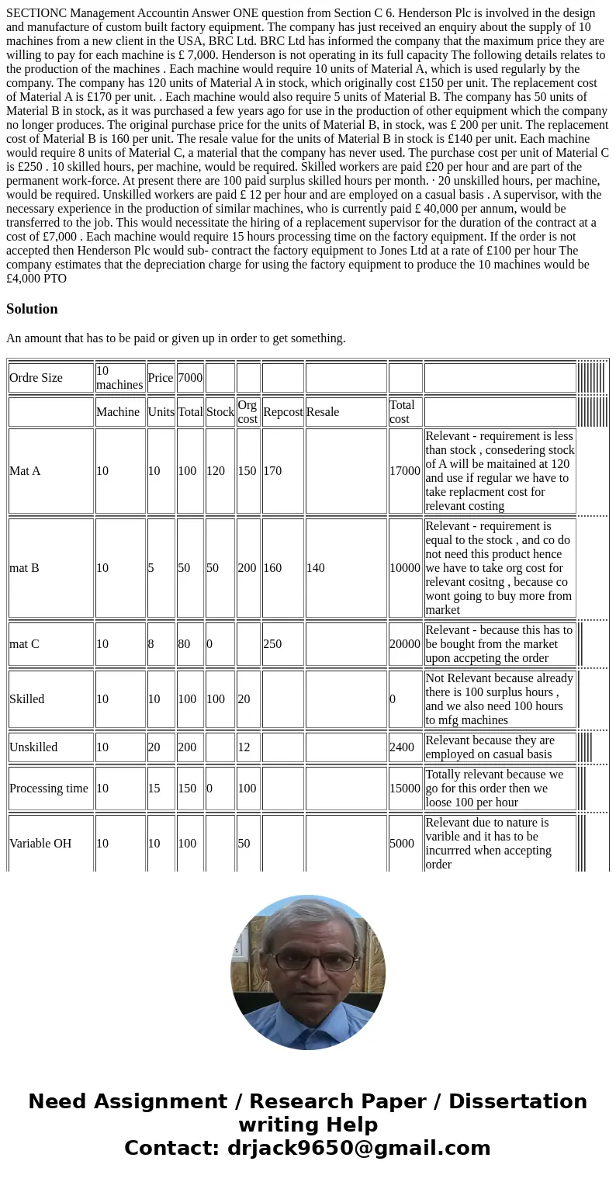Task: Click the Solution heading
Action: pos(32,309)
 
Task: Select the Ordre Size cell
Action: pos(36,378)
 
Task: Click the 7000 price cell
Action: pos(189,378)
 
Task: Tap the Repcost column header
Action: pos(282,412)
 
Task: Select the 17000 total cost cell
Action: pos(405,471)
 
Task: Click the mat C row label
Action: pos(24,644)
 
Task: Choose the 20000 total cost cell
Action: pos(405,644)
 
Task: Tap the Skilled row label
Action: pos(26,699)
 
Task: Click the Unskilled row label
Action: pos(33,747)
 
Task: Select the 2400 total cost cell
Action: pos(402,747)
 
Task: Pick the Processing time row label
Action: pos(49,789)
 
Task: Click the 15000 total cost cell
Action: pos(405,789)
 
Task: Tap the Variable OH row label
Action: pos(40,844)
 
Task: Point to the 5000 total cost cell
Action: pos(402,844)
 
